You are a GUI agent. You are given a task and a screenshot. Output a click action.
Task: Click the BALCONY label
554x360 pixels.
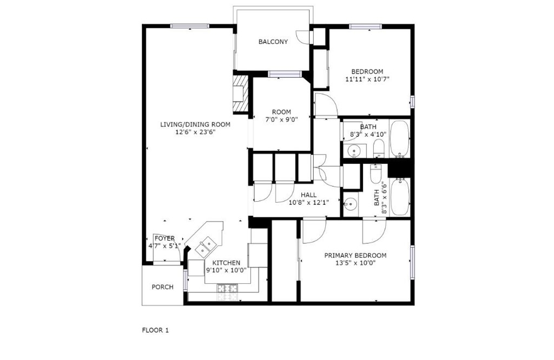click(273, 42)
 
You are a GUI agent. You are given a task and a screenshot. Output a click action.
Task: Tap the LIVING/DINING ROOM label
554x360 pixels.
click(195, 124)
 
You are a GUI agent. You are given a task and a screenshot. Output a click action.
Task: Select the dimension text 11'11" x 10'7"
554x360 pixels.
click(367, 79)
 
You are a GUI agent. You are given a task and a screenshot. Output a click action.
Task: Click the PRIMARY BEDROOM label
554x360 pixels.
click(355, 255)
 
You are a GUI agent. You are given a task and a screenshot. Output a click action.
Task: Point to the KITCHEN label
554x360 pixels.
click(226, 263)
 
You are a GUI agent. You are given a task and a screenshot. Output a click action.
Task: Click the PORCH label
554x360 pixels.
click(162, 287)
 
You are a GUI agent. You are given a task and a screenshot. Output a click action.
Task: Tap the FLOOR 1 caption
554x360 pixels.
click(155, 330)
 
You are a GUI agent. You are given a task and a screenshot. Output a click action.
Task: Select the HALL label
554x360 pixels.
click(308, 195)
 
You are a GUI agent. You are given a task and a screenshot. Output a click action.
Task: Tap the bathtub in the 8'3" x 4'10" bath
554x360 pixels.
click(400, 139)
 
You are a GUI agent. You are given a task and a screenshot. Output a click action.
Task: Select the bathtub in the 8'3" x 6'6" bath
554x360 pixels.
click(400, 197)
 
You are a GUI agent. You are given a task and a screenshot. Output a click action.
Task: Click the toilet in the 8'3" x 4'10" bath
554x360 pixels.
click(378, 148)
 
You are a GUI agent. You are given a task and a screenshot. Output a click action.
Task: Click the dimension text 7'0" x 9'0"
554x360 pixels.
click(281, 119)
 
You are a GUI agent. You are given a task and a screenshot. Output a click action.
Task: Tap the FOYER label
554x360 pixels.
click(164, 238)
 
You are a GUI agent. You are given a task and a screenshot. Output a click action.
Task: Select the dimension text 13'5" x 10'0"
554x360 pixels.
click(355, 263)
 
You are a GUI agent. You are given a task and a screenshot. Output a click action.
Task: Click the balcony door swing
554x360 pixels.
click(303, 37)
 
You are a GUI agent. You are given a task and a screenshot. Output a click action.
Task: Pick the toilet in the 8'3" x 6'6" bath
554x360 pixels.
click(375, 174)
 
